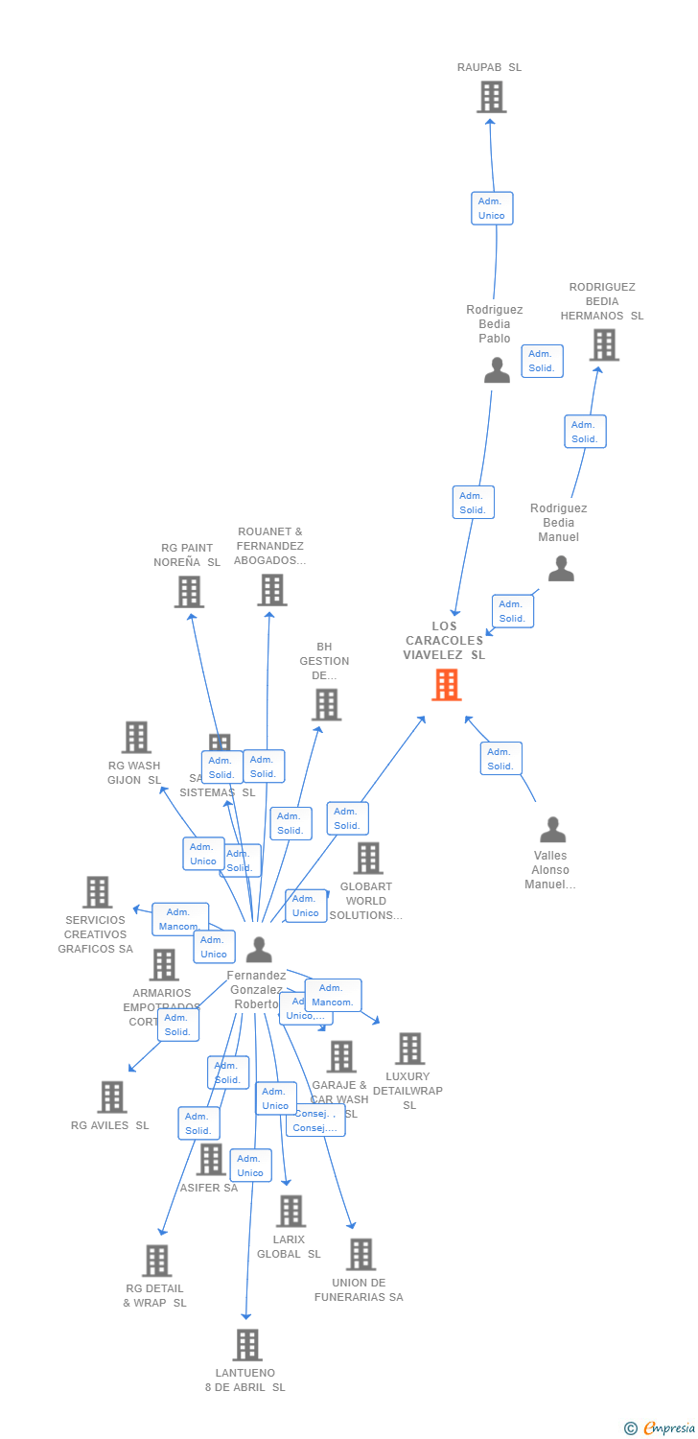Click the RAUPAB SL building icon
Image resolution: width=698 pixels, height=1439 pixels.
click(x=491, y=97)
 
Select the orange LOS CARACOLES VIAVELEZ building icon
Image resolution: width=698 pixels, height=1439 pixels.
click(x=446, y=685)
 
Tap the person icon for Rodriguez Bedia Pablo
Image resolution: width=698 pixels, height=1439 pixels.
click(x=497, y=369)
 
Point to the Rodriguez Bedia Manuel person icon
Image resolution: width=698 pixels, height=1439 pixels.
click(x=561, y=569)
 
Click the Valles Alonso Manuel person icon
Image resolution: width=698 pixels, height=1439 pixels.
click(x=552, y=830)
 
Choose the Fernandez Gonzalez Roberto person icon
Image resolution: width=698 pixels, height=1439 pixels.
click(x=259, y=950)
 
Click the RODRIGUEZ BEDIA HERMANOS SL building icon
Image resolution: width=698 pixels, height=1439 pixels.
click(x=603, y=344)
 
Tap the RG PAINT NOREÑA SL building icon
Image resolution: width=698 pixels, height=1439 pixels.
click(x=189, y=592)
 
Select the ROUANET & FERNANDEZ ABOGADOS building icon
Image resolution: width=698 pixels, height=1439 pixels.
click(x=271, y=590)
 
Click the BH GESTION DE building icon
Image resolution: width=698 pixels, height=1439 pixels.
click(x=326, y=704)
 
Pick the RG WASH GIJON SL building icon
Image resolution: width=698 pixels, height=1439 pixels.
click(x=136, y=738)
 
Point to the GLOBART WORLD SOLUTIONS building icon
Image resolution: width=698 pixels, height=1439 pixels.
click(x=367, y=859)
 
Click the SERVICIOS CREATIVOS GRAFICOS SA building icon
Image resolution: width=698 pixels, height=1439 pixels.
click(x=97, y=892)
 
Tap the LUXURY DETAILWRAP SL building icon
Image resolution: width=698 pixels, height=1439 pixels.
click(x=409, y=1049)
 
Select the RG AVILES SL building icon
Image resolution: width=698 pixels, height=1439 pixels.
click(x=112, y=1097)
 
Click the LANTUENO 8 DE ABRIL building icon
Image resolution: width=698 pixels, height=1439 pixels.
click(x=247, y=1345)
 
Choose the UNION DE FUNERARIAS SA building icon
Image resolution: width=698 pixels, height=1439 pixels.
click(x=361, y=1254)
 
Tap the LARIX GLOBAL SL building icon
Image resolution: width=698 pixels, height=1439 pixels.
click(x=291, y=1211)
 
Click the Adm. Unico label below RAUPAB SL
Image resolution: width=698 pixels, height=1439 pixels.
click(x=492, y=208)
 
